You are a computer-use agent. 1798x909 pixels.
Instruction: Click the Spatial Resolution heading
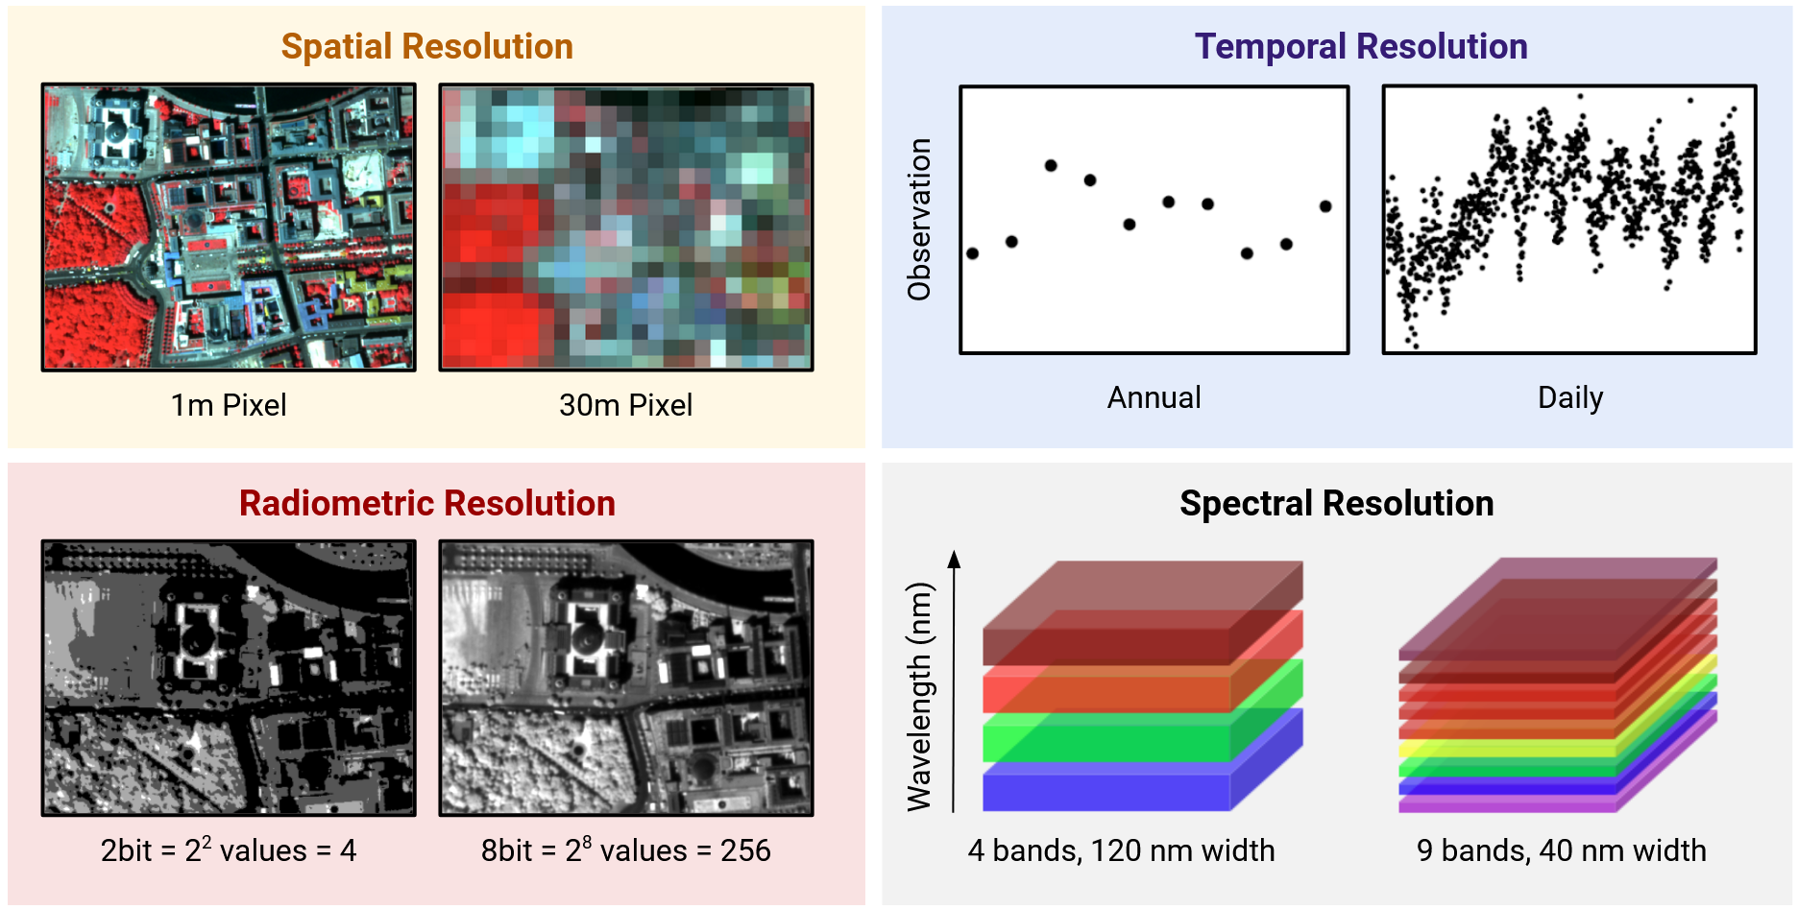pyautogui.click(x=426, y=47)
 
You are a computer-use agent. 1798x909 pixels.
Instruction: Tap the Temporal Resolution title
pyautogui.click(x=1360, y=47)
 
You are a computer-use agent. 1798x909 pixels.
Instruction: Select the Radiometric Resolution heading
pyautogui.click(x=426, y=504)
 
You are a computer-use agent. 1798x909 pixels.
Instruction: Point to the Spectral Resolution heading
pyautogui.click(x=1336, y=504)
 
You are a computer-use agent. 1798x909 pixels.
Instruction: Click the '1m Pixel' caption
pyautogui.click(x=229, y=405)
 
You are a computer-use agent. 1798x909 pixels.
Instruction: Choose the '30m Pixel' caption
pyautogui.click(x=625, y=405)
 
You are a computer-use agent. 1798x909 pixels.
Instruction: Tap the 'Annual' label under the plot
pyautogui.click(x=1154, y=397)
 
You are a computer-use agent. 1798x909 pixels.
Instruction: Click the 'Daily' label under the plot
pyautogui.click(x=1570, y=397)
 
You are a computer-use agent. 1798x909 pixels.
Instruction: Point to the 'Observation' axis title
pyautogui.click(x=919, y=220)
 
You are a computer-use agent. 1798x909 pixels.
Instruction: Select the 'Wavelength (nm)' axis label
pyautogui.click(x=919, y=696)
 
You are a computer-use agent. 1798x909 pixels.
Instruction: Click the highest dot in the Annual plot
pyautogui.click(x=1051, y=165)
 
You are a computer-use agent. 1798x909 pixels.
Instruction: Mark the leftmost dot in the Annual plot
pyautogui.click(x=972, y=253)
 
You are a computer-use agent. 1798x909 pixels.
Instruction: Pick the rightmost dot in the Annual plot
pyautogui.click(x=1325, y=206)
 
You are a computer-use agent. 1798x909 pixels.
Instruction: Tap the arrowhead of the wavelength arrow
pyautogui.click(x=954, y=559)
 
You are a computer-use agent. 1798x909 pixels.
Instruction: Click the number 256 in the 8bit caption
pyautogui.click(x=745, y=850)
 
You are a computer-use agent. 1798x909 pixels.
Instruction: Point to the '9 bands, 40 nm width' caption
pyautogui.click(x=1561, y=850)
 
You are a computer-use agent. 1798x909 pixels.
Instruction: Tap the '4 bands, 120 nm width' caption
pyautogui.click(x=1121, y=850)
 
